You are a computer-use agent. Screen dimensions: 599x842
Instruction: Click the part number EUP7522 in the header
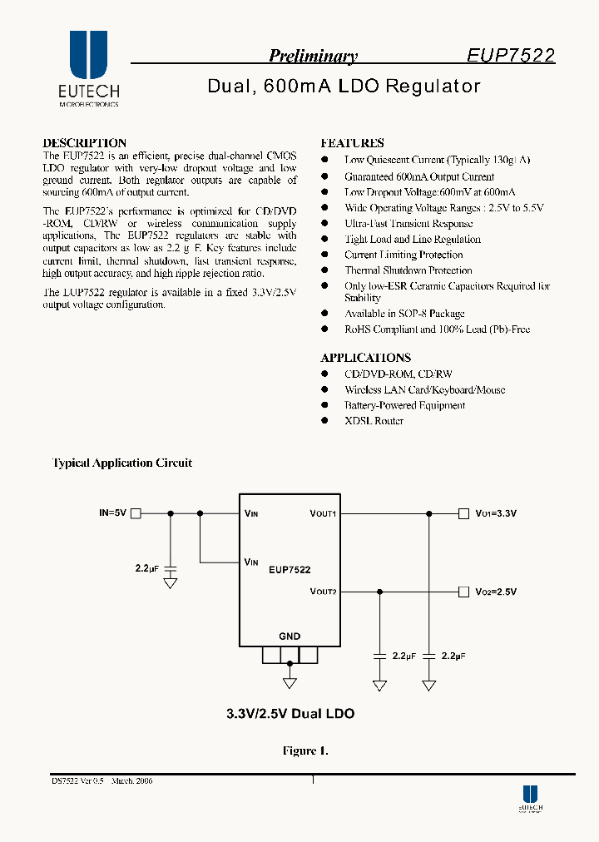(x=510, y=56)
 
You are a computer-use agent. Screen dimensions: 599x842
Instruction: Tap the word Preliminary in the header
(x=313, y=57)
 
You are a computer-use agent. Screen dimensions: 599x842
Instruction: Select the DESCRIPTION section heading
(x=84, y=143)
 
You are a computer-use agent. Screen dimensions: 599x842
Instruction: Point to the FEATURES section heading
(x=352, y=143)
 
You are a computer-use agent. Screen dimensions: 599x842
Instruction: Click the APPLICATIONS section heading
(x=365, y=358)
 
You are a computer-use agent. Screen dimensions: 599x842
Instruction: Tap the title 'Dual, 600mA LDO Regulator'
(x=343, y=87)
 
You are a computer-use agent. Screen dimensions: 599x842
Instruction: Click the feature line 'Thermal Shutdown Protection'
(x=408, y=270)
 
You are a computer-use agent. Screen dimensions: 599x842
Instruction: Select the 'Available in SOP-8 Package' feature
(x=404, y=314)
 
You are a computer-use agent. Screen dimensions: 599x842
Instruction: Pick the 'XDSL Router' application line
(x=374, y=421)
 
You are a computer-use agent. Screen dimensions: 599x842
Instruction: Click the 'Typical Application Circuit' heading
(x=122, y=463)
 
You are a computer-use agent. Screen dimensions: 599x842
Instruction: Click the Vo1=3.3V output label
(x=496, y=513)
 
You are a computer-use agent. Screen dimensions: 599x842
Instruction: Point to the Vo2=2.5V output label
(x=496, y=592)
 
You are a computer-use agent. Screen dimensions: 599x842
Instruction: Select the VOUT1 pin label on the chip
(x=323, y=513)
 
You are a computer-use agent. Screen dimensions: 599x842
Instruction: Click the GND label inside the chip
(x=290, y=636)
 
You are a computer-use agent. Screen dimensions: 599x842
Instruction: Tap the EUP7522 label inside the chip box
(x=290, y=570)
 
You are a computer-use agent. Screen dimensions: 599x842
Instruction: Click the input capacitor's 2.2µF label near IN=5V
(x=146, y=568)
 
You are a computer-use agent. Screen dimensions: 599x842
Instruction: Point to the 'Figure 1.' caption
(x=305, y=751)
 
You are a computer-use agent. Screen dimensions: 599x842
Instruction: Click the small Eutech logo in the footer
(x=530, y=798)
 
